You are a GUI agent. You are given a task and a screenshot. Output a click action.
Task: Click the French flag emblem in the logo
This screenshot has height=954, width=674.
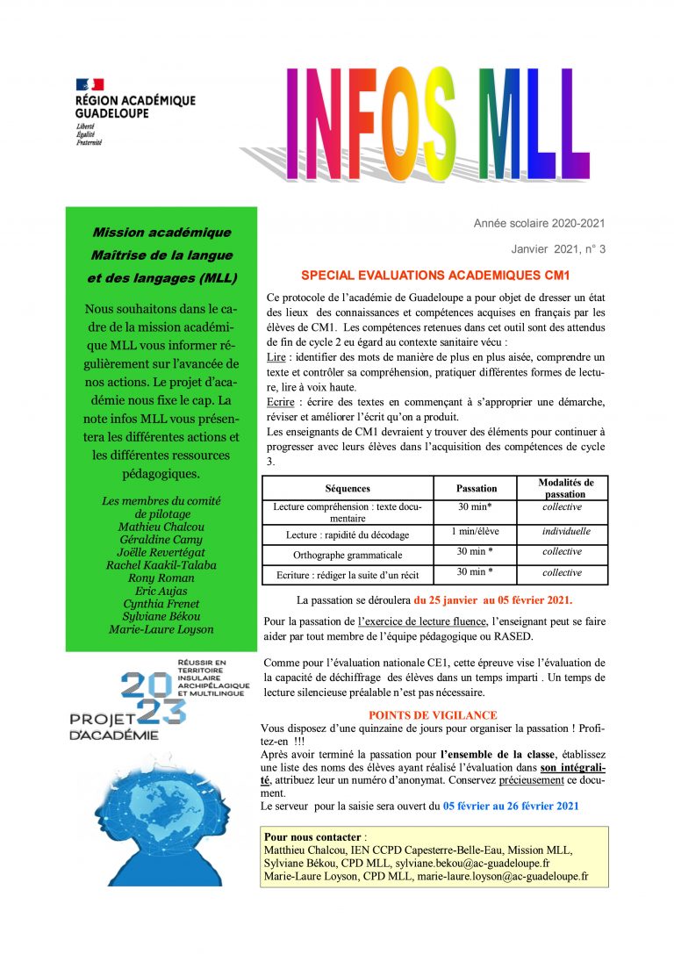pos(90,84)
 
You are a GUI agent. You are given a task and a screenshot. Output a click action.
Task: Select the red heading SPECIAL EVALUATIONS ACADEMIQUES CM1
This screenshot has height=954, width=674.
pos(435,275)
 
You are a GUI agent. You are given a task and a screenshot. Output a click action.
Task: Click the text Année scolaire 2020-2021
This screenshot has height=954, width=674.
pos(539,224)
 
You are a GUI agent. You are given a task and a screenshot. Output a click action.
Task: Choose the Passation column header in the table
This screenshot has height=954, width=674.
pos(477,488)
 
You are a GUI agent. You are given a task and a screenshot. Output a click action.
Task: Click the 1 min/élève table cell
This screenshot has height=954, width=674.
pos(477,531)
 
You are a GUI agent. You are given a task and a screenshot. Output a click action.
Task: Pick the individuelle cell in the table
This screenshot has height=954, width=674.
pos(566,531)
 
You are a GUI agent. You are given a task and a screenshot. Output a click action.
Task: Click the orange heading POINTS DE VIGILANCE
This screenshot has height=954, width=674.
pos(433,715)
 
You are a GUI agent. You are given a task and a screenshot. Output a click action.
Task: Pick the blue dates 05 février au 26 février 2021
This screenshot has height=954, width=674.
pos(511,806)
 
